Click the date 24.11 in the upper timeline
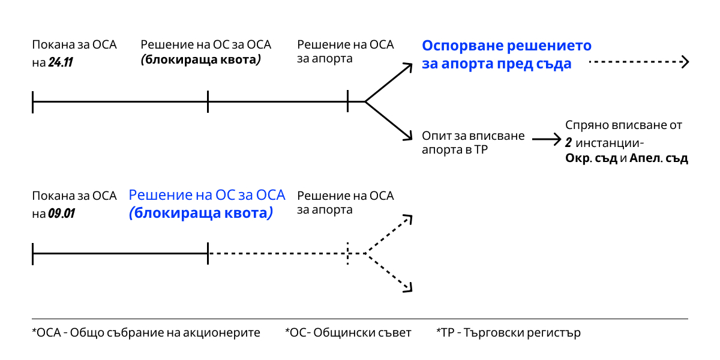pyautogui.click(x=61, y=62)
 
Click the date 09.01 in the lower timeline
pyautogui.click(x=61, y=213)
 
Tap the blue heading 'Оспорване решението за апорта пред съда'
pyautogui.click(x=506, y=55)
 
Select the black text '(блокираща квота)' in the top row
pyautogui.click(x=200, y=59)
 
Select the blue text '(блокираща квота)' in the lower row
pyautogui.click(x=200, y=213)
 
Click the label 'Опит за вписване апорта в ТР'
pyautogui.click(x=473, y=142)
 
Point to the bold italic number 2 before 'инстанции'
pyautogui.click(x=569, y=142)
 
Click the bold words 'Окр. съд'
pyautogui.click(x=591, y=158)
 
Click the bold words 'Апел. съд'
pyautogui.click(x=659, y=158)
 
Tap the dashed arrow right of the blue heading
pyautogui.click(x=638, y=62)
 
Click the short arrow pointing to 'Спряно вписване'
pyautogui.click(x=547, y=139)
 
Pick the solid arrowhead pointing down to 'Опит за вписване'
pyautogui.click(x=407, y=136)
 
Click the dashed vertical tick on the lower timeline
pyautogui.click(x=348, y=253)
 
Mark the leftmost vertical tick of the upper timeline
pyautogui.click(x=33, y=102)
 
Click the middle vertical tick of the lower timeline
pyautogui.click(x=208, y=253)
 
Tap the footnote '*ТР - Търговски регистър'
pyautogui.click(x=509, y=332)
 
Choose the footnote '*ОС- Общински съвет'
pyautogui.click(x=348, y=332)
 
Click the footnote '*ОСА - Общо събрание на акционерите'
pyautogui.click(x=146, y=332)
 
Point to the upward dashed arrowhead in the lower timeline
pyautogui.click(x=407, y=220)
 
